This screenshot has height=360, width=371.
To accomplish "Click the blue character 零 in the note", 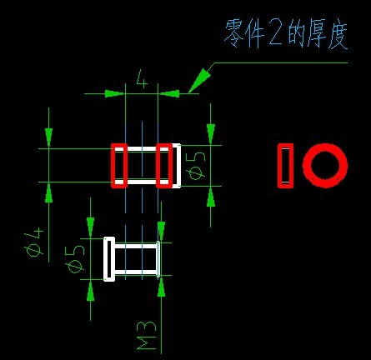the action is [234, 33].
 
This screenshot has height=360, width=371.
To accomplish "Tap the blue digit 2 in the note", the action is [276, 34].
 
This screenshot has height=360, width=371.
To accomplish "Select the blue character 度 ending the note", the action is [338, 35].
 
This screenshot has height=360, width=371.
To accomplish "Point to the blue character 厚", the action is [317, 33].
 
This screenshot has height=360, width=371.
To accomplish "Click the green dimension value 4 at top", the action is [142, 78].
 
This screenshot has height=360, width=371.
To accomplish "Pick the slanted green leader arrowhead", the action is [199, 80].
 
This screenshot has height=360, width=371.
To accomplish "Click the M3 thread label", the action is [147, 335].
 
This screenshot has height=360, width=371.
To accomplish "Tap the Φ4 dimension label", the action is [34, 242].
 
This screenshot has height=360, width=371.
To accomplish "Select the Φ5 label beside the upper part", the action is [197, 166].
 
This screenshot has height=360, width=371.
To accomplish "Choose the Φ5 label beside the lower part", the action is [75, 259].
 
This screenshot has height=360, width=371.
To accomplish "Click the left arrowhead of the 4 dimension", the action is [114, 93].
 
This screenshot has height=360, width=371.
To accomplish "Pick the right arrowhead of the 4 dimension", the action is [169, 93].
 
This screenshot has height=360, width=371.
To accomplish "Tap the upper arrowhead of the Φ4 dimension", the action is [49, 137].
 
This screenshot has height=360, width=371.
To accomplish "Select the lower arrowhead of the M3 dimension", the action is [161, 287].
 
